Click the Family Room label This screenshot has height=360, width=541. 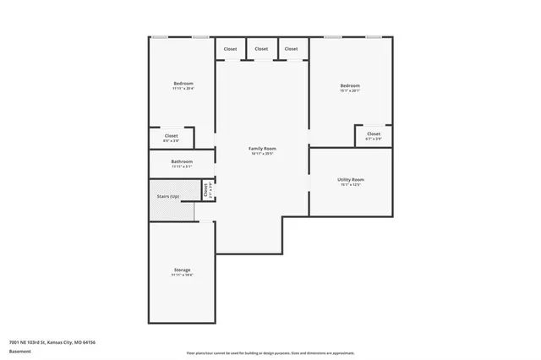pos(262,149)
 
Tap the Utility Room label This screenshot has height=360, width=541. pos(350,179)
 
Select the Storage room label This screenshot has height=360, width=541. pos(182,270)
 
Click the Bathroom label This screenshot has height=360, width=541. pos(182,161)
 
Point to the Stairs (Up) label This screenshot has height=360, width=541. pos(168,197)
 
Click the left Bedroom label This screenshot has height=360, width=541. pos(183,83)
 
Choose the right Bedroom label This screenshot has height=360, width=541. pos(350,85)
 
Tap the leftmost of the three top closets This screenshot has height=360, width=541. pos(231,49)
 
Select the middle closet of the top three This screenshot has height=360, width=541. pos(261,49)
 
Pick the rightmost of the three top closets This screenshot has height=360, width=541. pos(291,49)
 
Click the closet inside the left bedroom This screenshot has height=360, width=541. pos(171,135)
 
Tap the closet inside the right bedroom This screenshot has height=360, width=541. pos(373,134)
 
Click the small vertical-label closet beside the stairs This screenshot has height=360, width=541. pos(205,190)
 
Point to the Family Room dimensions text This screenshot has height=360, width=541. pos(262,154)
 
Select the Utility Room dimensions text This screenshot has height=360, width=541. pos(350,184)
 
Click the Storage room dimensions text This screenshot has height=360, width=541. pos(182,275)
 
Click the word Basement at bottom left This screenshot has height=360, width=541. pos(19,351)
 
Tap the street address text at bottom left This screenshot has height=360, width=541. pos(52,342)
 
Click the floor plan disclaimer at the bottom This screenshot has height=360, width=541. pos(270,352)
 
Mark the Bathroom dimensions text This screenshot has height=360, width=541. pos(182,166)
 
